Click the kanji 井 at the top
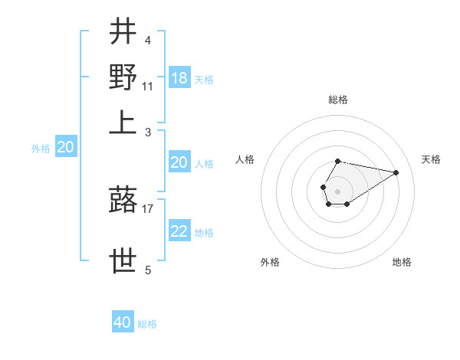(x=123, y=33)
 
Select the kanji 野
(x=123, y=77)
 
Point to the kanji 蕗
(x=123, y=201)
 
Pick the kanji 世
(x=123, y=260)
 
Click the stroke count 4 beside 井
(x=147, y=41)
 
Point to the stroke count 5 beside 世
(x=147, y=269)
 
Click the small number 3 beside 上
(x=147, y=131)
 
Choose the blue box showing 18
(x=179, y=78)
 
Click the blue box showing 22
(x=179, y=232)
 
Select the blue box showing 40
(x=123, y=322)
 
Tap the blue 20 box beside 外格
(x=65, y=148)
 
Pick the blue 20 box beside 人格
(x=179, y=162)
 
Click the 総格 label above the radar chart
(x=337, y=100)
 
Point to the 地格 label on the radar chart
(x=402, y=262)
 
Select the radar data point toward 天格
(x=396, y=172)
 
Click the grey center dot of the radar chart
(x=337, y=190)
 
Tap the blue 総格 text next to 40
(x=147, y=324)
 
